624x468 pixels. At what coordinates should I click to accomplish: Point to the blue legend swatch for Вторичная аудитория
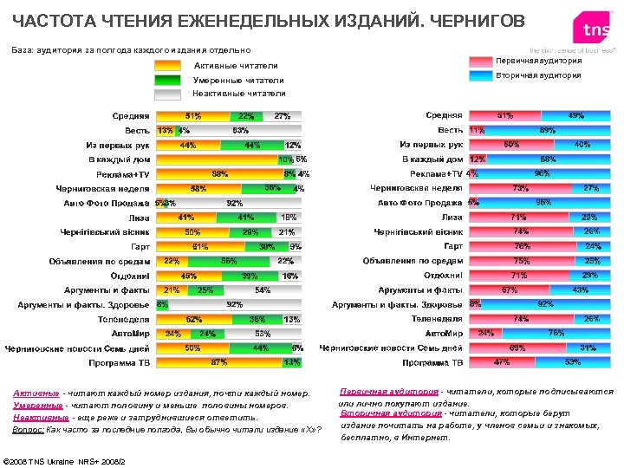478,75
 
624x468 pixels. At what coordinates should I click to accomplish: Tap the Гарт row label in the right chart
452,246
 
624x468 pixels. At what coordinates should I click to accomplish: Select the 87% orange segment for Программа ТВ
219,361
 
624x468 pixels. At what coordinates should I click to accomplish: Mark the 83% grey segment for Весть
241,131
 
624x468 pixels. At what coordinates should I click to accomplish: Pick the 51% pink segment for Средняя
503,116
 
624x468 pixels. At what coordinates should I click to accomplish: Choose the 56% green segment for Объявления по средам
230,261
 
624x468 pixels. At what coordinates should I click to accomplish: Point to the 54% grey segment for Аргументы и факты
261,289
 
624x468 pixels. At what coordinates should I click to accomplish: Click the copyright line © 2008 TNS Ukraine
65,459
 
